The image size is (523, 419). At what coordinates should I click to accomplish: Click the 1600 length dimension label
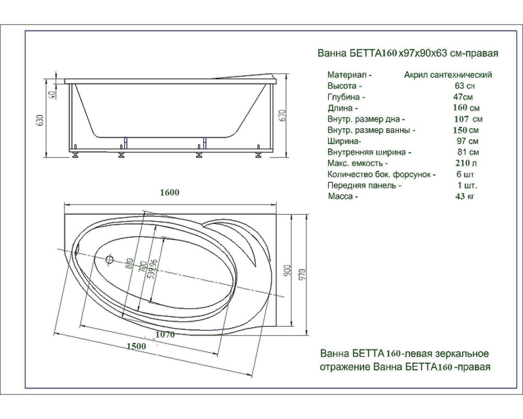(170, 192)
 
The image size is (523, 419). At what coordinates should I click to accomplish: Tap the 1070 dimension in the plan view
(165, 335)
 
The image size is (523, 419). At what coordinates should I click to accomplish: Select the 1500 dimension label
(136, 346)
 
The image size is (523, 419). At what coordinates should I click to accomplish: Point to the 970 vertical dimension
(302, 274)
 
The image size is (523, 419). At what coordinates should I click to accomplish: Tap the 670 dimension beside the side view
(282, 116)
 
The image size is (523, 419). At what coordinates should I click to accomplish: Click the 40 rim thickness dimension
(51, 95)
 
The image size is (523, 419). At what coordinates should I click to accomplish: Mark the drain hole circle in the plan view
(109, 259)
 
